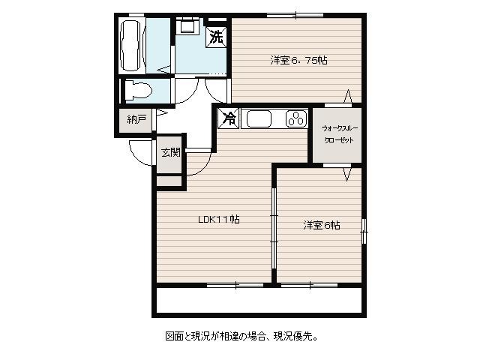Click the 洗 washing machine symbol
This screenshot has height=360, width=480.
click(217, 37)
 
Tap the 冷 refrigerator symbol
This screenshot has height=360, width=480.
click(229, 118)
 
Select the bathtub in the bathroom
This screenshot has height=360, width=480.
click(132, 45)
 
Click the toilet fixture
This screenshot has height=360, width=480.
click(138, 90)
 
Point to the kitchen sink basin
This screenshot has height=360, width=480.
click(259, 118)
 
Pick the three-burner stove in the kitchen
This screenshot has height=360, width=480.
click(296, 118)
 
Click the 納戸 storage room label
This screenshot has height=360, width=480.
click(136, 119)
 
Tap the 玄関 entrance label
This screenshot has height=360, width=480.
click(170, 152)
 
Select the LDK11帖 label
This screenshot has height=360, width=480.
click(219, 219)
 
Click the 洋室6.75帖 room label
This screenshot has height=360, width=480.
click(298, 60)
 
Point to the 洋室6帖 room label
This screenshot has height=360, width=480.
click(322, 226)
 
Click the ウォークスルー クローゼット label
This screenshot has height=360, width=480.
click(339, 134)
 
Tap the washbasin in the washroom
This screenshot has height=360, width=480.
click(187, 25)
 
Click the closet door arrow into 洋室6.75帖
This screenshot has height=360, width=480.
click(347, 96)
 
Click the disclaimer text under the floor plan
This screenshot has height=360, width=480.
click(241, 337)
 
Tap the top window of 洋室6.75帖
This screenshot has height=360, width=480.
click(295, 15)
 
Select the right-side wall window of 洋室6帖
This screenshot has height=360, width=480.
click(364, 231)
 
